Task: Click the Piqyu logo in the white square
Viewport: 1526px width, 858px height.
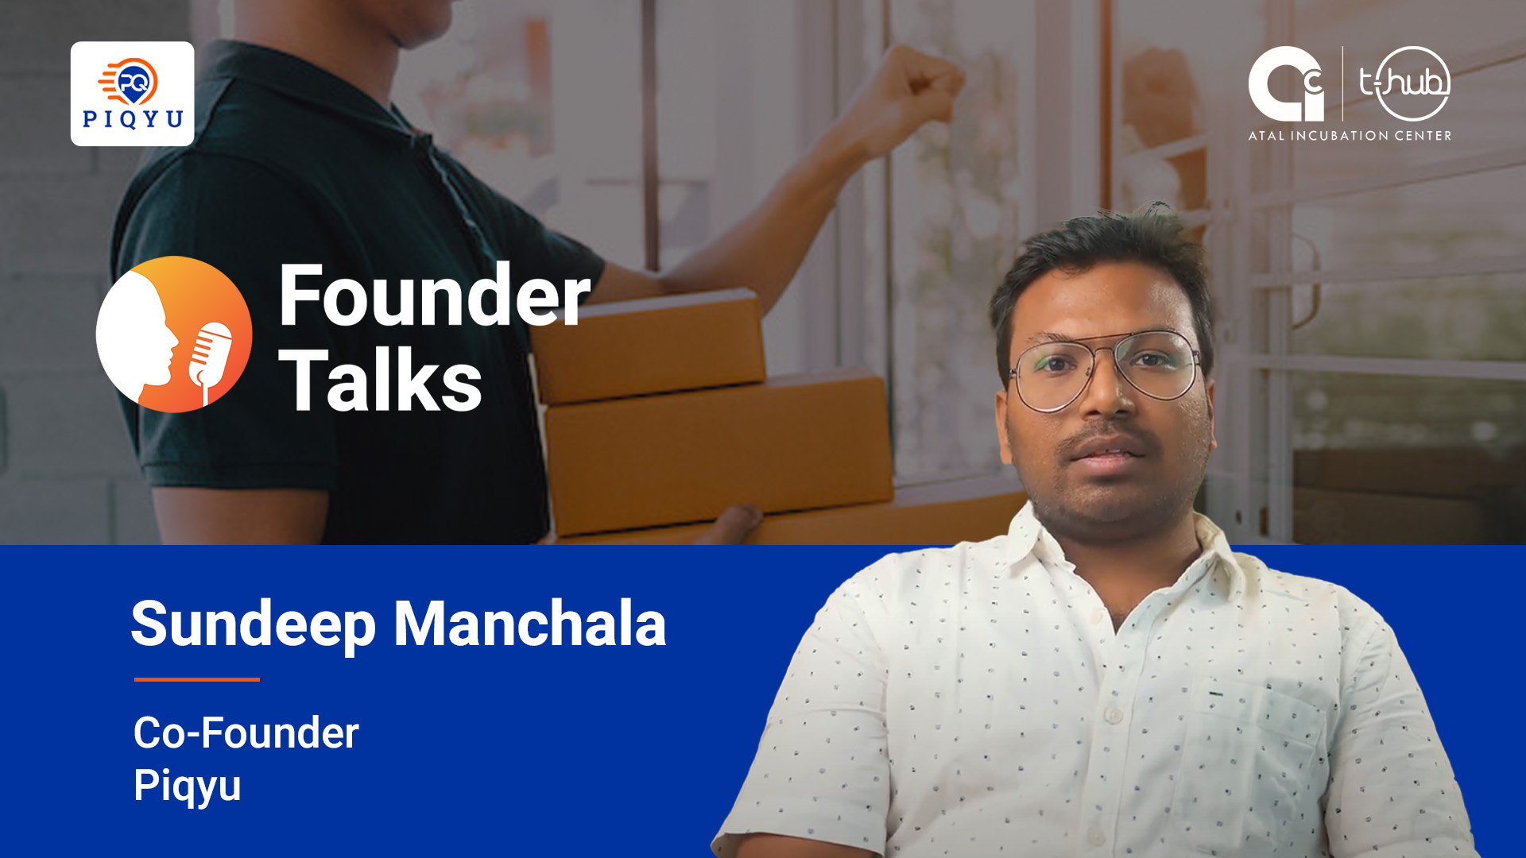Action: tap(132, 94)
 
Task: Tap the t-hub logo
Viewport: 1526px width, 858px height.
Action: tap(1404, 83)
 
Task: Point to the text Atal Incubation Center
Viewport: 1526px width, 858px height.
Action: tap(1350, 136)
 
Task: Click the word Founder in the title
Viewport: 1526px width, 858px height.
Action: tap(435, 296)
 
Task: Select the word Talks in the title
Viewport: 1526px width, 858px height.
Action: tap(380, 381)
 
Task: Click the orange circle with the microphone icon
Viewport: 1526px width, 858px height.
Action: tap(174, 334)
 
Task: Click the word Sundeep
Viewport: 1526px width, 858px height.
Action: tap(253, 625)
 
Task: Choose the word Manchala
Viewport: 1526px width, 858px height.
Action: tap(530, 624)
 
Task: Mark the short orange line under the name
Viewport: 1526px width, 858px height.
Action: tap(197, 679)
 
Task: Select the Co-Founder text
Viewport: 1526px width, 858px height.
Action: tap(246, 732)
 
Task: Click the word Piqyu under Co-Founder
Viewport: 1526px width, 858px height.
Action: tap(188, 786)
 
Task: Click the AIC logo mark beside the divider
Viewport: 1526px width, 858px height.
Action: tap(1286, 83)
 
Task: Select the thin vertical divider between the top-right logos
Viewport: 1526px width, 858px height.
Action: tap(1342, 83)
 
